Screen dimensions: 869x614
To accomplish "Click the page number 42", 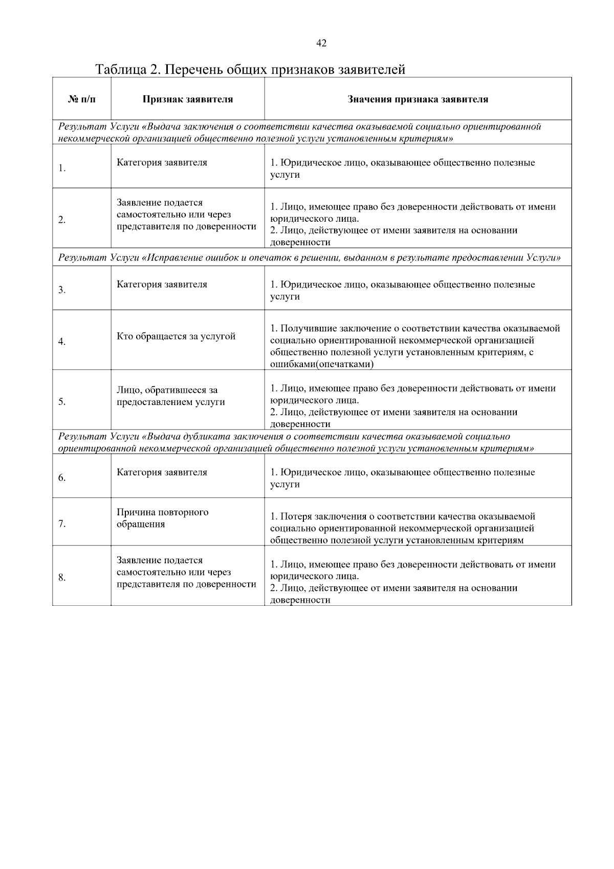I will (321, 44).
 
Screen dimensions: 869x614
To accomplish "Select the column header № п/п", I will (81, 99).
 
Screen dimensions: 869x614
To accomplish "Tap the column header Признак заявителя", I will (187, 99).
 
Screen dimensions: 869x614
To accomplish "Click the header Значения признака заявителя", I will (418, 99).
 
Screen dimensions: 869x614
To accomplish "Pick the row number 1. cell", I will (62, 168).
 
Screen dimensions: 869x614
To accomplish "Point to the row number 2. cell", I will (62, 220).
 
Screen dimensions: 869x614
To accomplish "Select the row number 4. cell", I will (62, 342).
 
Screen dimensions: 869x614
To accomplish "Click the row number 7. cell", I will (62, 524).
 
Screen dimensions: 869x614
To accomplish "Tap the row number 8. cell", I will (62, 578).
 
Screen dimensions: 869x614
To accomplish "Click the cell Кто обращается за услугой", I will (176, 336).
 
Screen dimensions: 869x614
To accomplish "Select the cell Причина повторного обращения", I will (162, 518).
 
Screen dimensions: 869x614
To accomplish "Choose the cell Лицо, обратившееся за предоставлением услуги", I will (170, 396).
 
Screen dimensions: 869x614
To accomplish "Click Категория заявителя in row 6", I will (162, 472).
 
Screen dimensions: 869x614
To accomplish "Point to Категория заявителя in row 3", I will (162, 284).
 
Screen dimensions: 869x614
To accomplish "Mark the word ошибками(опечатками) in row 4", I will (321, 364).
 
